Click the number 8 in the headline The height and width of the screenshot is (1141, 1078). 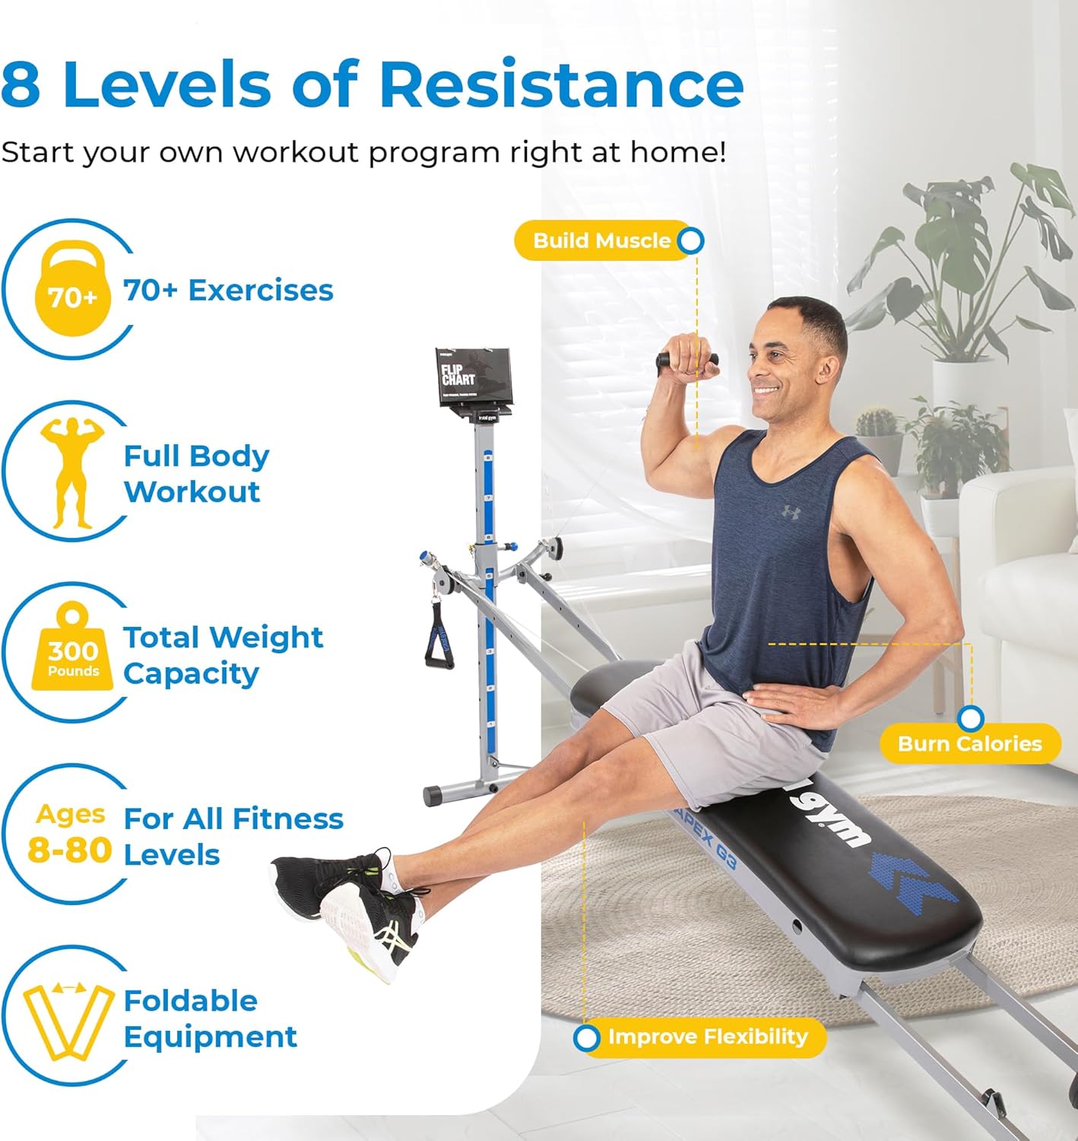click(21, 84)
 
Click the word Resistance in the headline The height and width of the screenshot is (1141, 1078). click(560, 84)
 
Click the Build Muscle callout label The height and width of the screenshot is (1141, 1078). click(601, 240)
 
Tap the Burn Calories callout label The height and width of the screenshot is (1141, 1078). click(969, 743)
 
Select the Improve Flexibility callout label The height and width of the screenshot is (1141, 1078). click(707, 1037)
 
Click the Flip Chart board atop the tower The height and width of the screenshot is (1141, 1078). click(473, 377)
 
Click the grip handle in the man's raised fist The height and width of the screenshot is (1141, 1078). click(687, 359)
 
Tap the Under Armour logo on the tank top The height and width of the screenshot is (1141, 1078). click(791, 512)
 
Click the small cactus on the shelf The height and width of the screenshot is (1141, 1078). click(877, 423)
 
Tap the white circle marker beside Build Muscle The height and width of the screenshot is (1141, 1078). click(690, 241)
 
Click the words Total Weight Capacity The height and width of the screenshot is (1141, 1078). click(223, 655)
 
